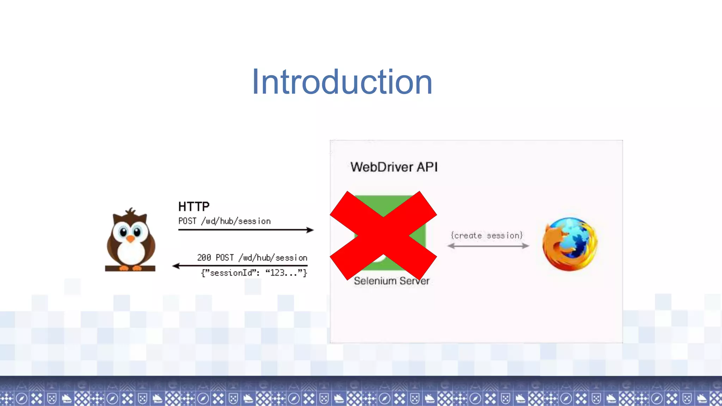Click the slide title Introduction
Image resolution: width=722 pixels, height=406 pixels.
coord(342,82)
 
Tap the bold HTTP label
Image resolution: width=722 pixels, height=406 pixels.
coord(194,207)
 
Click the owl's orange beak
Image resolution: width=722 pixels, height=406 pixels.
coord(130,239)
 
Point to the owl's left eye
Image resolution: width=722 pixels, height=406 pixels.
coord(123,232)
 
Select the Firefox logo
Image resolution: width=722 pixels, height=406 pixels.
coord(570,244)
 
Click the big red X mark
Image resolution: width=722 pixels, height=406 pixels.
coord(383,235)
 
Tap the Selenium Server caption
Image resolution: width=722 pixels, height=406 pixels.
coord(391,281)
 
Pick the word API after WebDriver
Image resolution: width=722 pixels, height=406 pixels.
coord(427,167)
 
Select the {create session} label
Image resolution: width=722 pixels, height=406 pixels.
coord(487,235)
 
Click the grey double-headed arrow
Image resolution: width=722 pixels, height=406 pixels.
coord(488,246)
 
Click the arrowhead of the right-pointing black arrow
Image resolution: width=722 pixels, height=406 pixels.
coord(310,230)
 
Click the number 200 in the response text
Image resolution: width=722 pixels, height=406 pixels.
coord(204,258)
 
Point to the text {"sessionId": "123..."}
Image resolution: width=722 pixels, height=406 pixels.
coord(254,273)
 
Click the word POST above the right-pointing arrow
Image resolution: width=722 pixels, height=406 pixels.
coord(187,221)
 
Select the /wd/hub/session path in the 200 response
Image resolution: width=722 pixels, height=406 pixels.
coord(273,258)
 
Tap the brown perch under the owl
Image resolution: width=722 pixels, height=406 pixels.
coord(130,269)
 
